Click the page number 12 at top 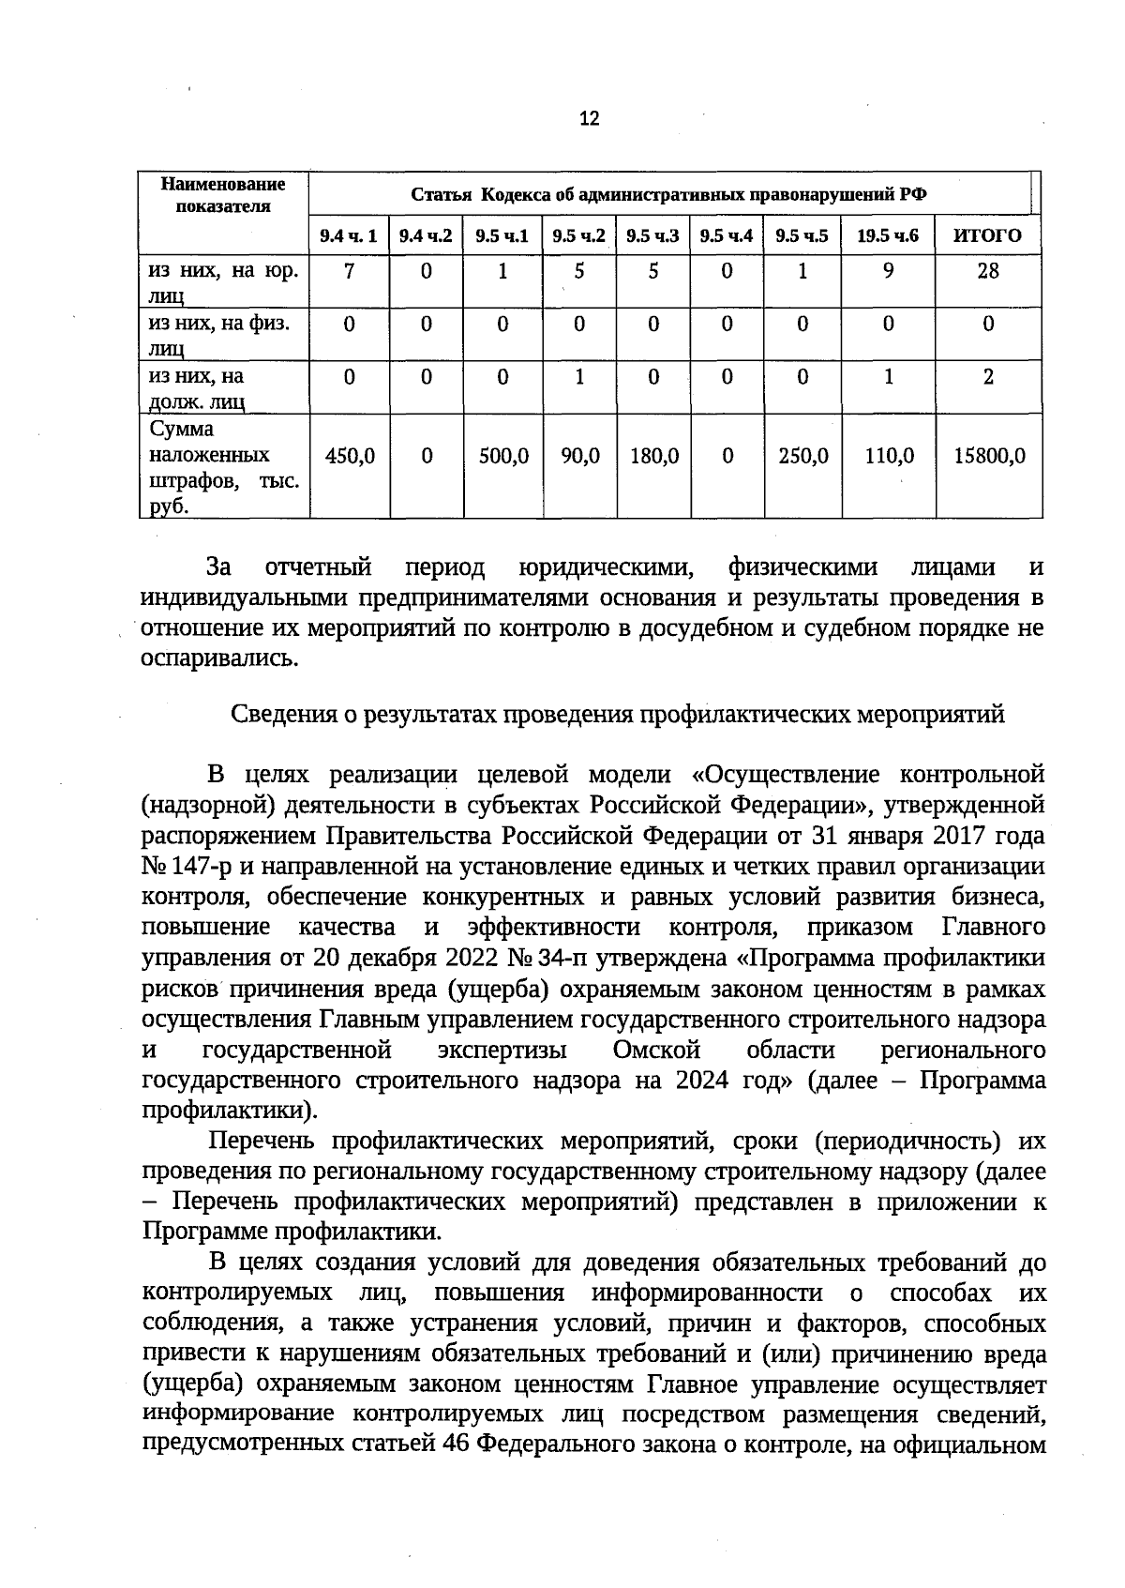tap(589, 118)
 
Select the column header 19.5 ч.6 tap(887, 235)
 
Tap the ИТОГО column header tap(987, 235)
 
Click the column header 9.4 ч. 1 tap(349, 235)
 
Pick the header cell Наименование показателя tap(223, 195)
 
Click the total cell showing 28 tap(988, 271)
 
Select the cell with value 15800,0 tap(989, 456)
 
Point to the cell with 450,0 tap(350, 456)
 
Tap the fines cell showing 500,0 tap(503, 456)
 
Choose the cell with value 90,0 tap(579, 456)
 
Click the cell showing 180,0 tap(653, 456)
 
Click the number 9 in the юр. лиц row tap(888, 271)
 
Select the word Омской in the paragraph tap(655, 1049)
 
